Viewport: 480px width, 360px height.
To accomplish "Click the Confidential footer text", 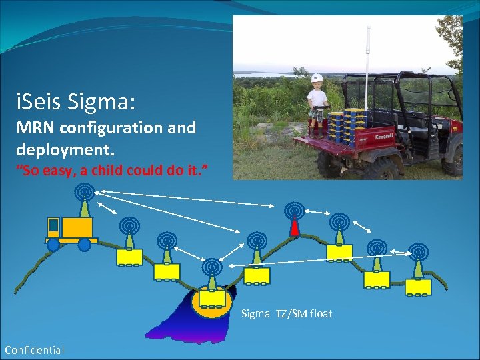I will pyautogui.click(x=35, y=350).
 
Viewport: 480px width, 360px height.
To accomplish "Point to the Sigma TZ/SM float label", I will pyautogui.click(x=287, y=313).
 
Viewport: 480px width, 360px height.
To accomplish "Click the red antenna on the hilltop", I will pyautogui.click(x=293, y=227).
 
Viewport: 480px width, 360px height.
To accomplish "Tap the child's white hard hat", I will pyautogui.click(x=317, y=78).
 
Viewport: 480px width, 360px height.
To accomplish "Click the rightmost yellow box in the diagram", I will pyautogui.click(x=418, y=286).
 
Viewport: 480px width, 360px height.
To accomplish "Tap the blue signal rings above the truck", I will pyautogui.click(x=83, y=192).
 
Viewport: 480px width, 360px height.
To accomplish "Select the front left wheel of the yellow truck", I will pyautogui.click(x=53, y=244).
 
